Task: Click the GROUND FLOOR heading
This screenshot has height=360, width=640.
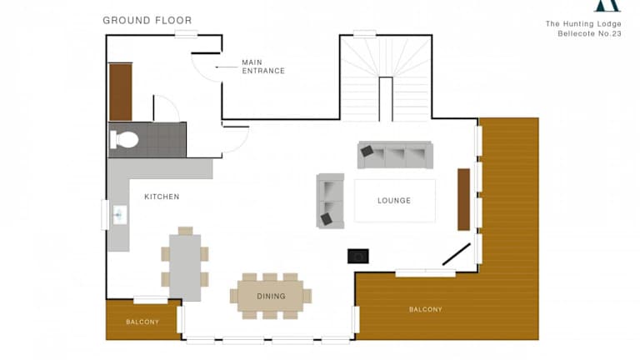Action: [147, 20]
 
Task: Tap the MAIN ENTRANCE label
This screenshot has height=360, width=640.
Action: [263, 67]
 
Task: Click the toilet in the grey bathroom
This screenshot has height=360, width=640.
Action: [124, 140]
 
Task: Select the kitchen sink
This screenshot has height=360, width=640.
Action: [120, 215]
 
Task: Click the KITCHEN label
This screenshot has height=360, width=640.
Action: [162, 197]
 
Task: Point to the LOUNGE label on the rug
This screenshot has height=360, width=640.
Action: [394, 201]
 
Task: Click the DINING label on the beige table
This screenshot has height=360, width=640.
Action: [271, 297]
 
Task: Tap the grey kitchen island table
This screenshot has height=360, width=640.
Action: [185, 267]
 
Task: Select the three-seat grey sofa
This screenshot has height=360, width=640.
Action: [395, 155]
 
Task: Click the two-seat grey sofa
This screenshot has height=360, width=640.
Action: [330, 201]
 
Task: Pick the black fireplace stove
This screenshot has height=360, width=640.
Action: [358, 257]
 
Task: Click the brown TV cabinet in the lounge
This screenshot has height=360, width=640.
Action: [463, 200]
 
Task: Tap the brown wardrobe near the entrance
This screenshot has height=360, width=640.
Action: [120, 92]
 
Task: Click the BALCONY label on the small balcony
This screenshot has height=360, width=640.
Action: [142, 322]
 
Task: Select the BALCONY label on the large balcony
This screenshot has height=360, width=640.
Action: [426, 309]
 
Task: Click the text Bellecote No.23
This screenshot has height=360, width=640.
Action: [589, 34]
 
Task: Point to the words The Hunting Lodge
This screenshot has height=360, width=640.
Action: [583, 23]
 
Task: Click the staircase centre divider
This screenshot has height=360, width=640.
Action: [386, 99]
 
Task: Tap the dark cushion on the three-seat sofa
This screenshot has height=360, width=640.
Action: [367, 151]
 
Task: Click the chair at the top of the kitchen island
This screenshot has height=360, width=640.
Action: [185, 231]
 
